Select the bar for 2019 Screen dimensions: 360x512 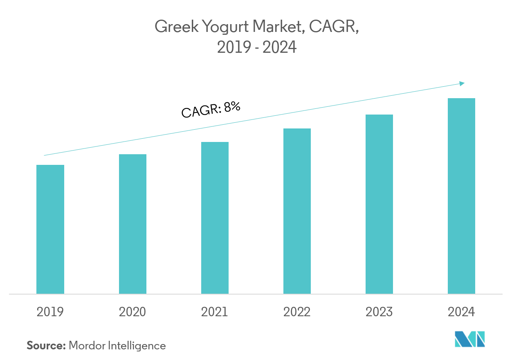(x=50, y=229)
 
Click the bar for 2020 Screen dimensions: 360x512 (x=132, y=224)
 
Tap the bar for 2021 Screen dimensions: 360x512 (x=215, y=218)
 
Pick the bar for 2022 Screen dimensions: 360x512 (x=297, y=211)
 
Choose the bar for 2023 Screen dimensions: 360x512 (x=379, y=204)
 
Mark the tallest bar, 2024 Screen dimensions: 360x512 (x=461, y=196)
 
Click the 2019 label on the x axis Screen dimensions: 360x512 (x=50, y=312)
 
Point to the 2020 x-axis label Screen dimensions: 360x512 (x=132, y=312)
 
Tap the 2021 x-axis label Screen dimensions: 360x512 (x=215, y=312)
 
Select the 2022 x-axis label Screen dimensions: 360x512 (x=297, y=312)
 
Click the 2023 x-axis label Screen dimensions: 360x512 (x=379, y=312)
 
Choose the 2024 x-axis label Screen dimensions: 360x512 (x=461, y=312)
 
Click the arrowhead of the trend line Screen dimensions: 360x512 (x=463, y=83)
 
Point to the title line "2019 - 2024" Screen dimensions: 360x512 (x=256, y=48)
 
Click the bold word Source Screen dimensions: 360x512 (x=46, y=346)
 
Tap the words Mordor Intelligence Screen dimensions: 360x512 (x=117, y=346)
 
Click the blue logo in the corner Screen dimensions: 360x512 (x=470, y=339)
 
